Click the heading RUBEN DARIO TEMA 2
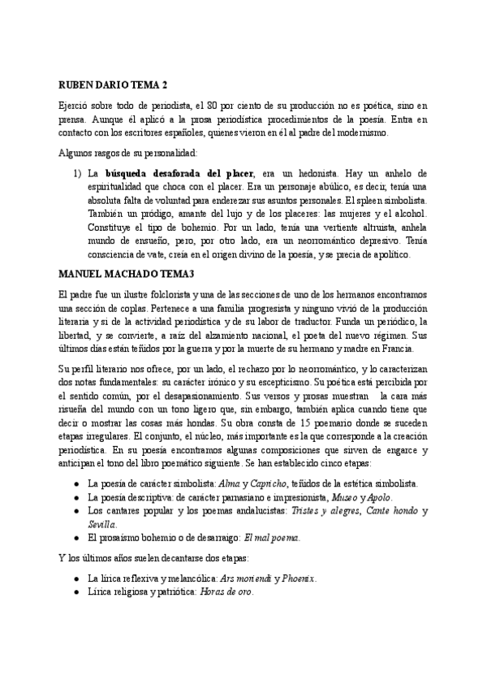(114, 84)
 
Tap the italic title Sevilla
(102, 524)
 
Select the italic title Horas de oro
(226, 592)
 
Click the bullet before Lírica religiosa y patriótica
(75, 592)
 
